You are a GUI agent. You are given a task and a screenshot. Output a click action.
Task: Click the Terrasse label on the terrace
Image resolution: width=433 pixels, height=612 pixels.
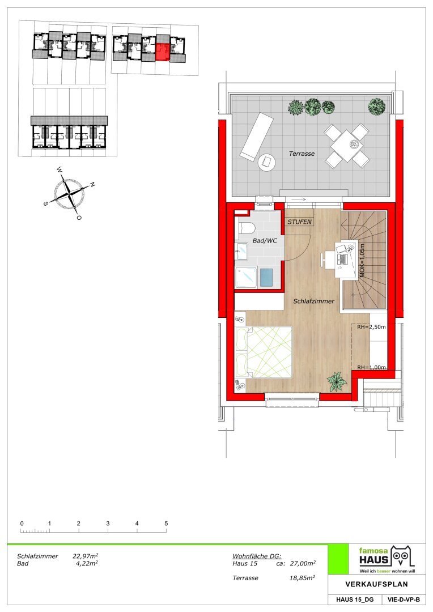[302, 154]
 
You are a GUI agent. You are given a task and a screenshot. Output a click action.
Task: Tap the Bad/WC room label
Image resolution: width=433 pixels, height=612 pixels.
[265, 240]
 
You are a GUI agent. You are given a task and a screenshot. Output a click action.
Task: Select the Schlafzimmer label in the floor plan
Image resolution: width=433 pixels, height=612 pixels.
[313, 301]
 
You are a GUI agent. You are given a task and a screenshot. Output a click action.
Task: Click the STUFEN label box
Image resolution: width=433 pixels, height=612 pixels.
[299, 222]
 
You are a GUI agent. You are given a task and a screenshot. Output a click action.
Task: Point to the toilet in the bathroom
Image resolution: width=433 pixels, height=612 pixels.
[246, 228]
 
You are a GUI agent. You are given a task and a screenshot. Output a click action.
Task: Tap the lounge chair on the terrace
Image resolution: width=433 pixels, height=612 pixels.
[256, 136]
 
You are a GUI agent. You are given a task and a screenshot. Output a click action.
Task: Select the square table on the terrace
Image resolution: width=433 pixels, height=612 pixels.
[347, 146]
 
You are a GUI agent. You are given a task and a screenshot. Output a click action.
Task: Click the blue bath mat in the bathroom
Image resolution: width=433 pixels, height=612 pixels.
[266, 278]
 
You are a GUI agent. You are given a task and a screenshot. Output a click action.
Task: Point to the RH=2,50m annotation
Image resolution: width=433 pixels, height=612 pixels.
[371, 327]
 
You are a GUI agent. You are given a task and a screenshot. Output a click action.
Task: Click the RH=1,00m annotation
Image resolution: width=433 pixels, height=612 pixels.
[371, 367]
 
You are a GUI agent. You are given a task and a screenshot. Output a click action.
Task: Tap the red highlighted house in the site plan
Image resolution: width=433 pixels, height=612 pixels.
[163, 52]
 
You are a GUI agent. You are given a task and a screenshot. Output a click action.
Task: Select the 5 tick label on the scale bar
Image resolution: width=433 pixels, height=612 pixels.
[166, 524]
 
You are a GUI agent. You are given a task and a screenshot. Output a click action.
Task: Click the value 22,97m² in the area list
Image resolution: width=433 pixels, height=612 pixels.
[85, 556]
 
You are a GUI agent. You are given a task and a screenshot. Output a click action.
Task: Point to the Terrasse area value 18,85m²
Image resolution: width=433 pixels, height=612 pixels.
[302, 578]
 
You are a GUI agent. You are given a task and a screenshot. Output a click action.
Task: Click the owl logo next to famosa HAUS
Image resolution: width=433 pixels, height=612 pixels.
[402, 556]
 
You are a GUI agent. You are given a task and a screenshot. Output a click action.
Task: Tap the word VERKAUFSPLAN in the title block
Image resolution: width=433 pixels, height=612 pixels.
[376, 584]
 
